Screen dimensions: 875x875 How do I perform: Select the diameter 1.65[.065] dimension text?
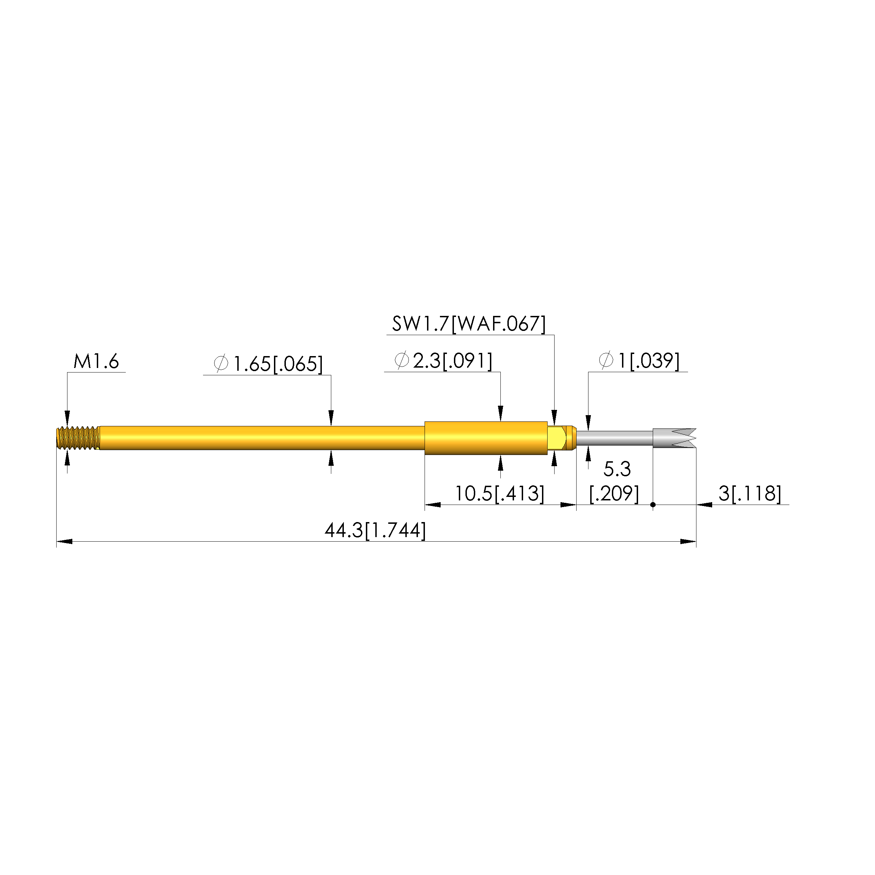point(268,364)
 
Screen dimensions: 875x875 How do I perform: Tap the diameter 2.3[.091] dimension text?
point(443,361)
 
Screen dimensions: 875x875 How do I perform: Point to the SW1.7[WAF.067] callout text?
point(469,324)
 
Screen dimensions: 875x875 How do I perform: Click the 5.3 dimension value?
point(617,469)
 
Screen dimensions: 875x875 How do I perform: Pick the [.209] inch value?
point(614,494)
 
